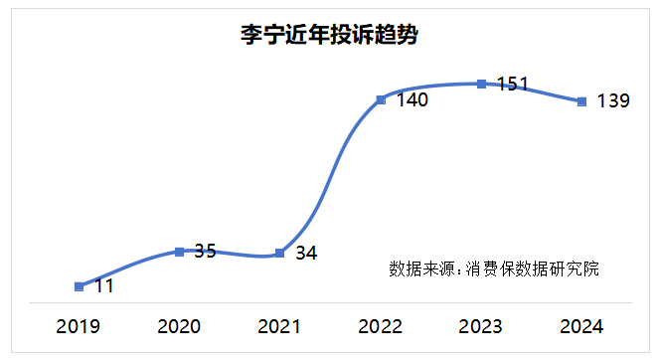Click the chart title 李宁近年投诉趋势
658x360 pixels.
pyautogui.click(x=328, y=37)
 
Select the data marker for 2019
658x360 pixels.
pyautogui.click(x=79, y=286)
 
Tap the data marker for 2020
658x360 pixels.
pyautogui.click(x=179, y=252)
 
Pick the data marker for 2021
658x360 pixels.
pyautogui.click(x=279, y=253)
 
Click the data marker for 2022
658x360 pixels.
pyautogui.click(x=381, y=99)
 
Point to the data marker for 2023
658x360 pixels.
pyautogui.click(x=481, y=84)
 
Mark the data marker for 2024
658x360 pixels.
pyautogui.click(x=581, y=100)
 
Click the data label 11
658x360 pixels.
pyautogui.click(x=103, y=286)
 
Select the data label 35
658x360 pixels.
pyautogui.click(x=205, y=251)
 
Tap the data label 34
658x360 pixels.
pyautogui.click(x=306, y=253)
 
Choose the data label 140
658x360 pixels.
pyautogui.click(x=411, y=99)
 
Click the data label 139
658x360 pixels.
pyautogui.click(x=613, y=100)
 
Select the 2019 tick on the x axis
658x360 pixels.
pyautogui.click(x=79, y=326)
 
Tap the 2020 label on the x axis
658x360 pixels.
pyautogui.click(x=179, y=326)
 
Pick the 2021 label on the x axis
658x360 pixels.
pyautogui.click(x=279, y=326)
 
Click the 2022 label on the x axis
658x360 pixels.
pyautogui.click(x=381, y=326)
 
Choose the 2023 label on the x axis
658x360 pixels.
pyautogui.click(x=481, y=326)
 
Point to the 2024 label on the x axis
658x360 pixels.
pyautogui.click(x=581, y=326)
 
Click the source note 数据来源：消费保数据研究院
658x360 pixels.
pyautogui.click(x=494, y=269)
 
